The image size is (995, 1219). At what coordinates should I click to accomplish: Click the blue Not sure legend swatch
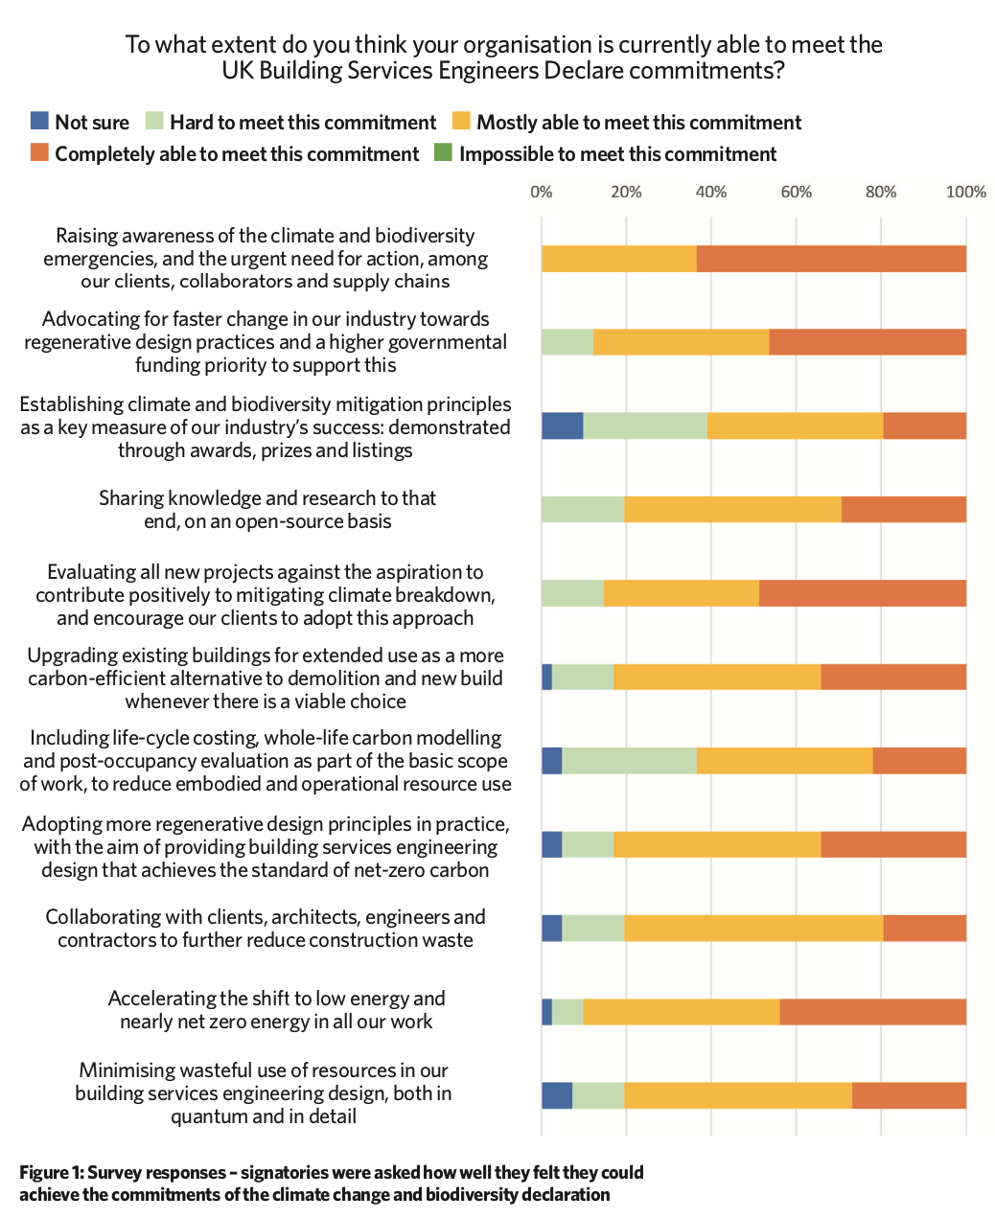(39, 121)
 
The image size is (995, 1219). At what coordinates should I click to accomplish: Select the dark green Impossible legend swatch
(444, 152)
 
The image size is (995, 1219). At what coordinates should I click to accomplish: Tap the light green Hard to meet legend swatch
(154, 121)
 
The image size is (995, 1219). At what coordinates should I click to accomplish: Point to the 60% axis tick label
(796, 192)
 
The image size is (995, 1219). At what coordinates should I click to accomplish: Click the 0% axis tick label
(542, 192)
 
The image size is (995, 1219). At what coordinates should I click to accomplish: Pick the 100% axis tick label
(965, 192)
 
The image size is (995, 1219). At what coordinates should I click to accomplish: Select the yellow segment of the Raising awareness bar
(619, 259)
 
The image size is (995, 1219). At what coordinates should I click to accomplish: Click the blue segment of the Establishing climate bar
(563, 425)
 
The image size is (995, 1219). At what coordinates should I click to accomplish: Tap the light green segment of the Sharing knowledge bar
(584, 509)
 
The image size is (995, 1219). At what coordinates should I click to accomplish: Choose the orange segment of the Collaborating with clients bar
(924, 929)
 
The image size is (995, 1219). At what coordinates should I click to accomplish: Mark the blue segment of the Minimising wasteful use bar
(557, 1095)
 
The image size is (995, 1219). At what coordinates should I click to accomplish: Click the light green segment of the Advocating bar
(567, 341)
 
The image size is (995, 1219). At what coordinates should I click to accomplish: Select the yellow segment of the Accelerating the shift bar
(682, 1011)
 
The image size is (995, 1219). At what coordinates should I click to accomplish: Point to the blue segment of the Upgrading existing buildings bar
(547, 677)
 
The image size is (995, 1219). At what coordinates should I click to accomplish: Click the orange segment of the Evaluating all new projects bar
(863, 593)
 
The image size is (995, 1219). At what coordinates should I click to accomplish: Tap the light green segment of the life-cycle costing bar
(630, 761)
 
